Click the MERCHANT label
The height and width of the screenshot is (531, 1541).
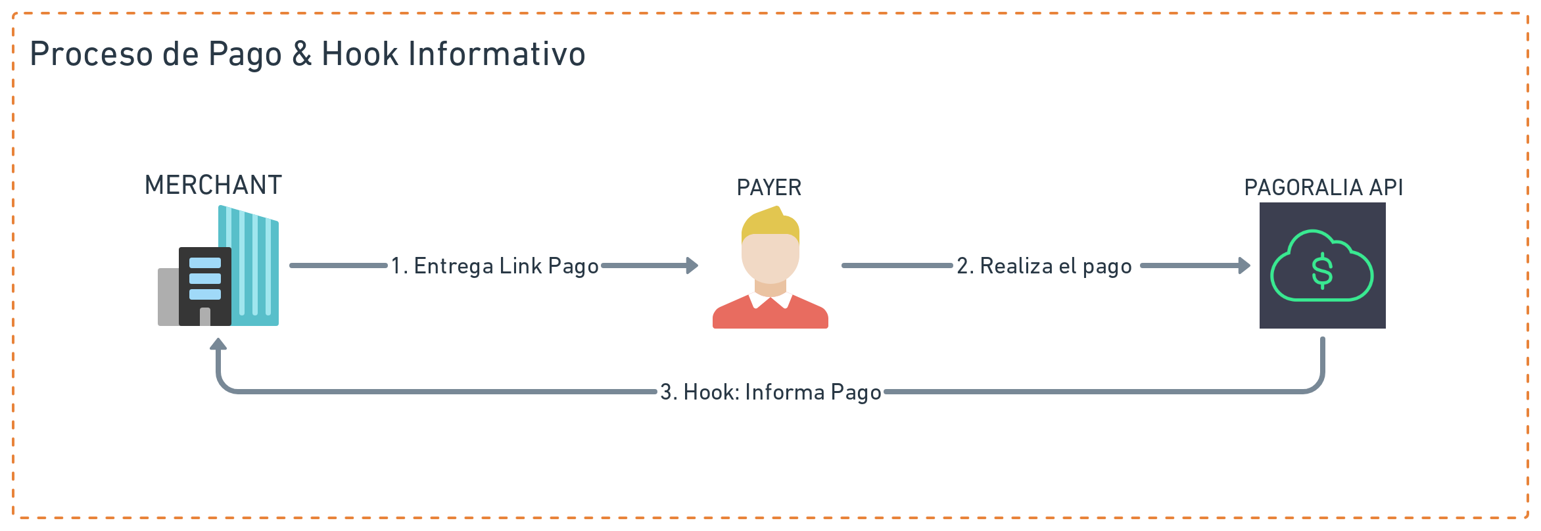pyautogui.click(x=213, y=185)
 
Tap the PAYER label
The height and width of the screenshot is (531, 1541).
pyautogui.click(x=769, y=188)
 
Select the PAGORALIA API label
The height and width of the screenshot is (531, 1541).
pyautogui.click(x=1323, y=188)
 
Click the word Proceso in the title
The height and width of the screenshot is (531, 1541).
pyautogui.click(x=91, y=54)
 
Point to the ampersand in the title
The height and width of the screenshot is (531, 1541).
pyautogui.click(x=302, y=54)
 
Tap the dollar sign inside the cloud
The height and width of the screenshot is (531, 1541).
pyautogui.click(x=1322, y=271)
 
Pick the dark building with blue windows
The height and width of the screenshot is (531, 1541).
pyautogui.click(x=205, y=286)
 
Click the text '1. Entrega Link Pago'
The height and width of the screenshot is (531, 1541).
pyautogui.click(x=494, y=266)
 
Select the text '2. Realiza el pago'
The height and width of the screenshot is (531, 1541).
pyautogui.click(x=1044, y=266)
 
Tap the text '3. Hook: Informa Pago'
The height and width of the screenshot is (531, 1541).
pyautogui.click(x=770, y=392)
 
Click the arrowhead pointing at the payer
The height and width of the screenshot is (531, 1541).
pyautogui.click(x=692, y=265)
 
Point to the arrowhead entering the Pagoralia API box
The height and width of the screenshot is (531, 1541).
pyautogui.click(x=1244, y=265)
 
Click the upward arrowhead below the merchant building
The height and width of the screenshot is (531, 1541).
pyautogui.click(x=218, y=344)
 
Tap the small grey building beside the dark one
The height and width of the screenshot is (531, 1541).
pyautogui.click(x=168, y=297)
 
